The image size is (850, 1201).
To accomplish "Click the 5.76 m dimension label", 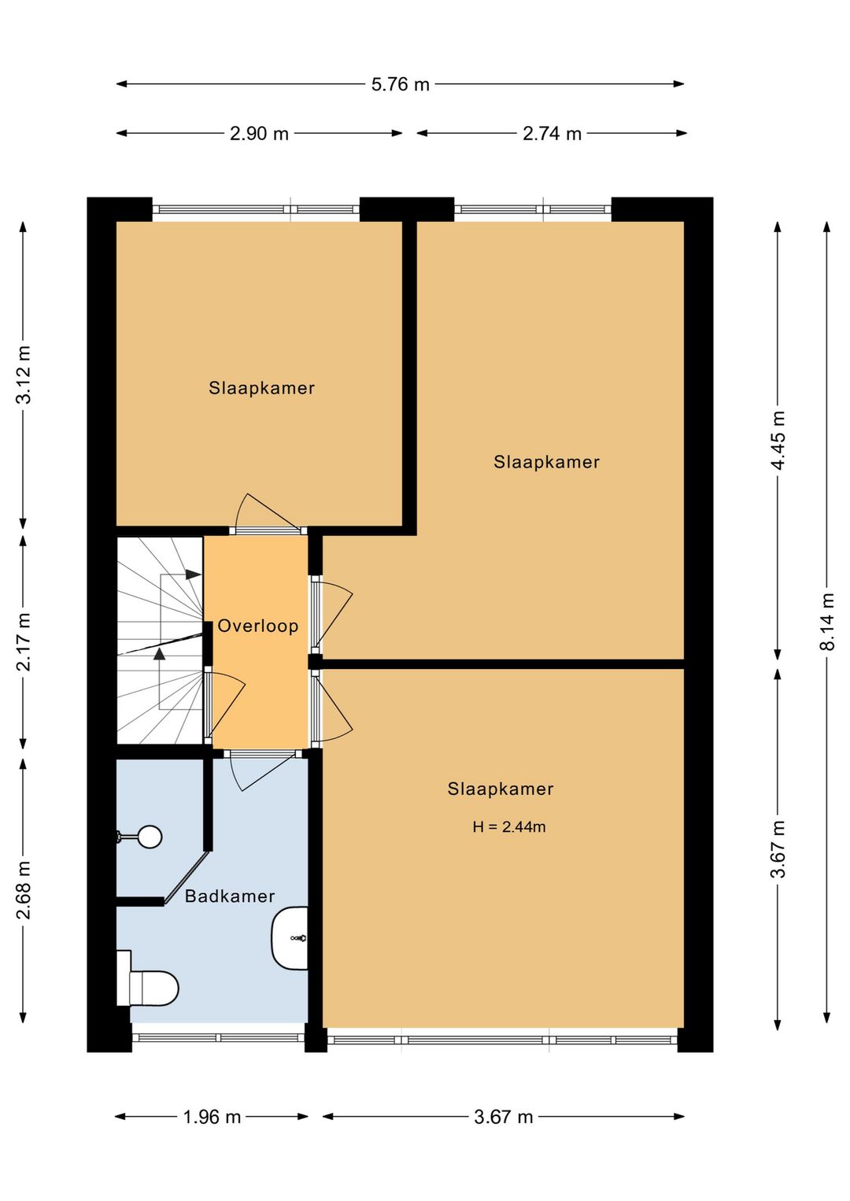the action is [400, 85].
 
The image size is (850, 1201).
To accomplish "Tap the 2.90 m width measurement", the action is [259, 134].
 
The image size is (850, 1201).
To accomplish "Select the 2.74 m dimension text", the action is [552, 134].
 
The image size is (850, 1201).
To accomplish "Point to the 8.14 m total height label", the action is [826, 621].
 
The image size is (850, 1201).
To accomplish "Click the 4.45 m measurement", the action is [778, 440].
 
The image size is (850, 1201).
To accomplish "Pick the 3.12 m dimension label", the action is [24, 374].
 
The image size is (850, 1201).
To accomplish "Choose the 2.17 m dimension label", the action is [24, 641].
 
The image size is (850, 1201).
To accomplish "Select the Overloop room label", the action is [258, 626].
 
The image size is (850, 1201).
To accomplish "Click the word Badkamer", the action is [230, 896].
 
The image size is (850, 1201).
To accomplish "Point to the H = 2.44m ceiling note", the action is [509, 826].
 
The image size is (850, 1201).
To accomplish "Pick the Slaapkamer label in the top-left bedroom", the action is [262, 388].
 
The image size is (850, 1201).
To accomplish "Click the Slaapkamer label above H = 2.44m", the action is [501, 789].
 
